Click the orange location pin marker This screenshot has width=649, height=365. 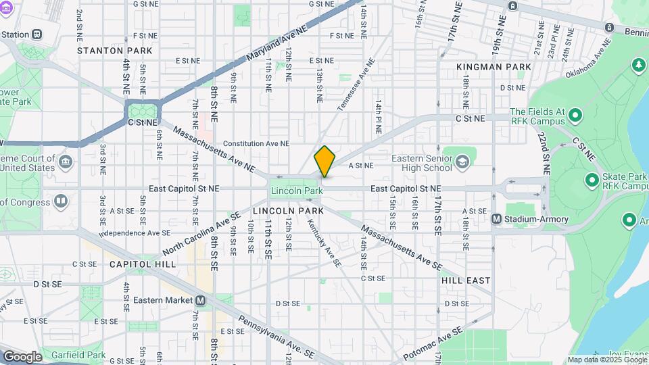[x=324, y=162]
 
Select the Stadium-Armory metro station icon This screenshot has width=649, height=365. [x=496, y=218]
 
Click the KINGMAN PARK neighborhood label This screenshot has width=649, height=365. [x=494, y=67]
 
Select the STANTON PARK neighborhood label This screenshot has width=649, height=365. [x=110, y=51]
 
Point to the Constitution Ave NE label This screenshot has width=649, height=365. [x=256, y=144]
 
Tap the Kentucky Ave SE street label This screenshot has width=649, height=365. [x=324, y=242]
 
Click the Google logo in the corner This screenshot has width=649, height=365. [x=22, y=357]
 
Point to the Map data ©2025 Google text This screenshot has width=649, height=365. [x=607, y=360]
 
